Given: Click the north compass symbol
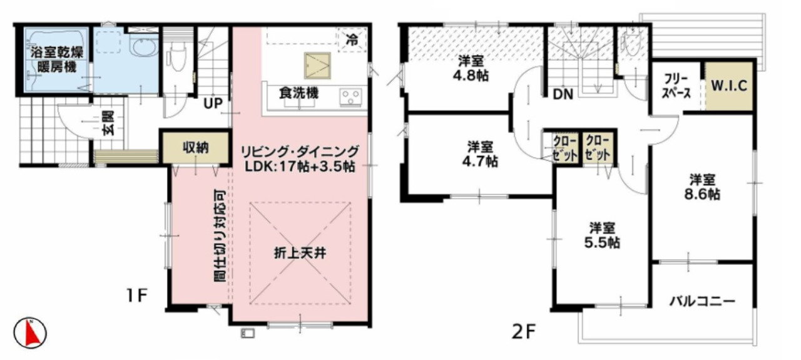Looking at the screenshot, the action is tap(30, 333).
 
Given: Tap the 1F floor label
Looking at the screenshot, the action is tap(136, 296).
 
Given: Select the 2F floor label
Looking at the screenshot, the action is tap(524, 332).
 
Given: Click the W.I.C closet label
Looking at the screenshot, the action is tap(729, 86).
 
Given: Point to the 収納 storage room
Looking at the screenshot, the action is tap(196, 147).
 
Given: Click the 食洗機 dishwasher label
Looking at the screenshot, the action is tap(299, 93).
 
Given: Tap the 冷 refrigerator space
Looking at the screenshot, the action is tap(352, 40).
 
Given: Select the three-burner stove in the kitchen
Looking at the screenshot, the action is tap(351, 96).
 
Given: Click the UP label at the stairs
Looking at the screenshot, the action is tap(213, 103).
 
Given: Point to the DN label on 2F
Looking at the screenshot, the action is tap(563, 94).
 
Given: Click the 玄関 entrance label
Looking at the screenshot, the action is tap(109, 123).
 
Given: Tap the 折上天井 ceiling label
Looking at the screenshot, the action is tap(300, 254).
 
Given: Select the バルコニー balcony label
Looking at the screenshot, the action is tap(703, 301).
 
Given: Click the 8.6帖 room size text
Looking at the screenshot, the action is tap(703, 194).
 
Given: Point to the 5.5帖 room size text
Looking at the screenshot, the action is tap(603, 243).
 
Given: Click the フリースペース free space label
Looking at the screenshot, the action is tap(676, 86).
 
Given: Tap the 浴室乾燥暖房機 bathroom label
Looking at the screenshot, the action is tap(57, 59).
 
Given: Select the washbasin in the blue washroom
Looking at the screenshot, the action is tap(143, 48).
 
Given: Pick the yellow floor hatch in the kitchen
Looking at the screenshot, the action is tap(317, 66).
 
